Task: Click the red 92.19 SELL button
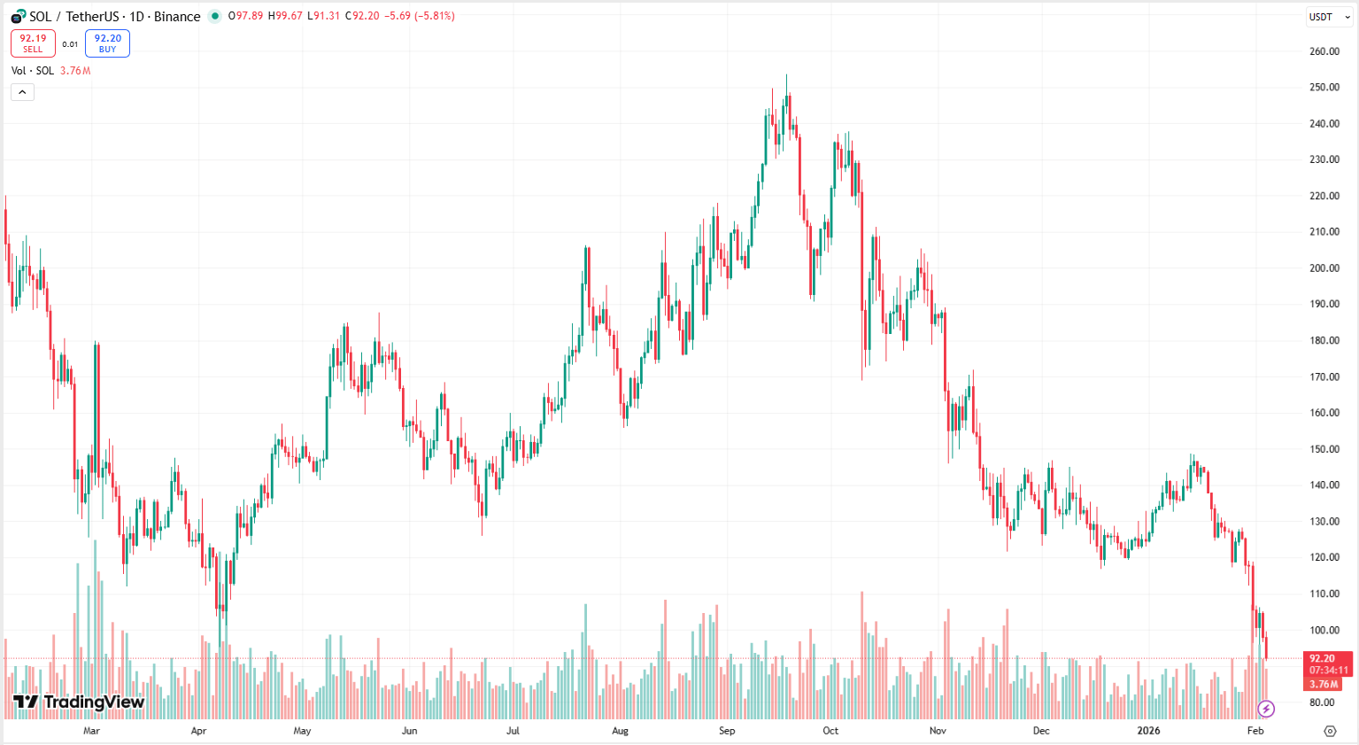coord(33,43)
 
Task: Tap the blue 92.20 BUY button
coord(107,43)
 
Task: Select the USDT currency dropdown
coord(1328,17)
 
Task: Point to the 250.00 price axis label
coord(1324,88)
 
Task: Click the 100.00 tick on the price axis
coord(1324,631)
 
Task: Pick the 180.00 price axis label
coord(1324,341)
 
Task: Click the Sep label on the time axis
coord(727,731)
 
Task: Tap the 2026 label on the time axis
coord(1148,731)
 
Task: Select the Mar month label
coord(91,731)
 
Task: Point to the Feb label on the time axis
coord(1255,731)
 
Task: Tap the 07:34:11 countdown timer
coord(1328,671)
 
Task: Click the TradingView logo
coord(79,702)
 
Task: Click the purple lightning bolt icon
coord(1266,709)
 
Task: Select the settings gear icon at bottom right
coord(1330,731)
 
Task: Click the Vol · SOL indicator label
coord(33,71)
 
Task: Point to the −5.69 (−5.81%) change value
coord(420,16)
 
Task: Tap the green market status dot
coord(214,16)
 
